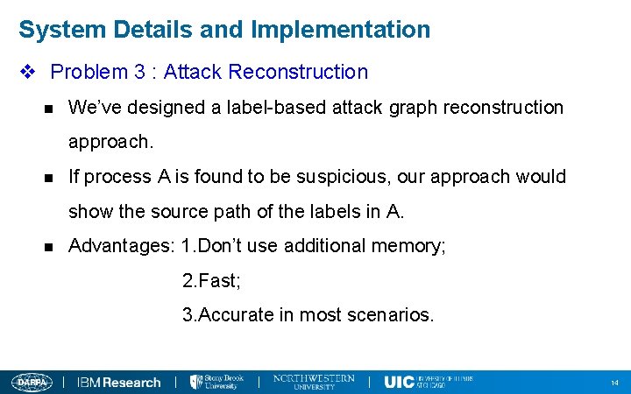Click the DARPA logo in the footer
point(32,382)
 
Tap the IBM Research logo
point(119,383)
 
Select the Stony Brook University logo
point(216,382)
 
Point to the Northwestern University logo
point(314,382)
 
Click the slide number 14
point(614,383)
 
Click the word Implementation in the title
point(341,30)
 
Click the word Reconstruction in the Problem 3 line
point(307,72)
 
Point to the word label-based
point(251,108)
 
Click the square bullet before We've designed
point(48,109)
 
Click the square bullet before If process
point(48,178)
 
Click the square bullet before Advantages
point(48,247)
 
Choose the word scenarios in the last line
point(390,315)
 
